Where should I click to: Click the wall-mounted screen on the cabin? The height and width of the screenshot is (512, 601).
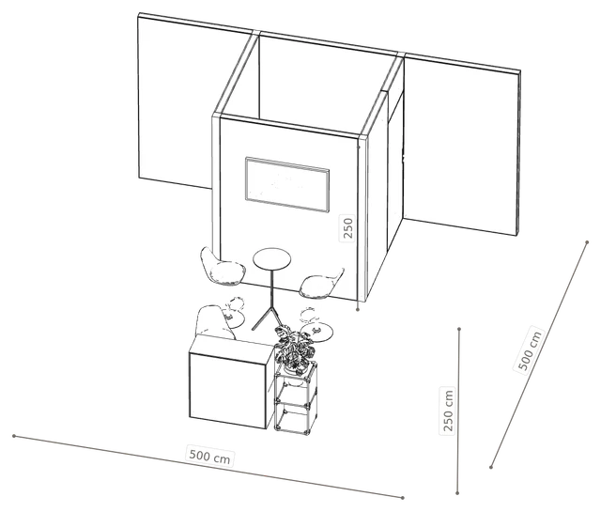(287, 184)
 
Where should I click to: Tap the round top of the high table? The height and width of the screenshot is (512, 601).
(271, 258)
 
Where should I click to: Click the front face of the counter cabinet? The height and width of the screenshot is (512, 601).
(227, 391)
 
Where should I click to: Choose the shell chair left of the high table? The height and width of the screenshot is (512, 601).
(223, 267)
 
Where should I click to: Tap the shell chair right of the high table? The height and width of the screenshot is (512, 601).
(321, 284)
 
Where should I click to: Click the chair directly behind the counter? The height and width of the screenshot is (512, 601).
(214, 321)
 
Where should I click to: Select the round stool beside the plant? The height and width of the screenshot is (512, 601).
(316, 329)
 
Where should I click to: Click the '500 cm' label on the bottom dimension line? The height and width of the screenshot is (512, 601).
(210, 457)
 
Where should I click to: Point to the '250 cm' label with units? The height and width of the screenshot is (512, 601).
(448, 411)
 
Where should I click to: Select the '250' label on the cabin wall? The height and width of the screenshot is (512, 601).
(347, 228)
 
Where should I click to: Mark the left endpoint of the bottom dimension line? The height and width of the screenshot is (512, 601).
(14, 436)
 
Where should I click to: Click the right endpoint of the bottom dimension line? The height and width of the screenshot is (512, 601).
(403, 498)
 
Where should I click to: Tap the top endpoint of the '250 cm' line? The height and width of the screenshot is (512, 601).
(459, 329)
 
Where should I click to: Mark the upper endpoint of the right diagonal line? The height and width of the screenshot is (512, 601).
(587, 242)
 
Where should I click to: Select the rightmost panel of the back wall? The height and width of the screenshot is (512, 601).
(461, 144)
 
